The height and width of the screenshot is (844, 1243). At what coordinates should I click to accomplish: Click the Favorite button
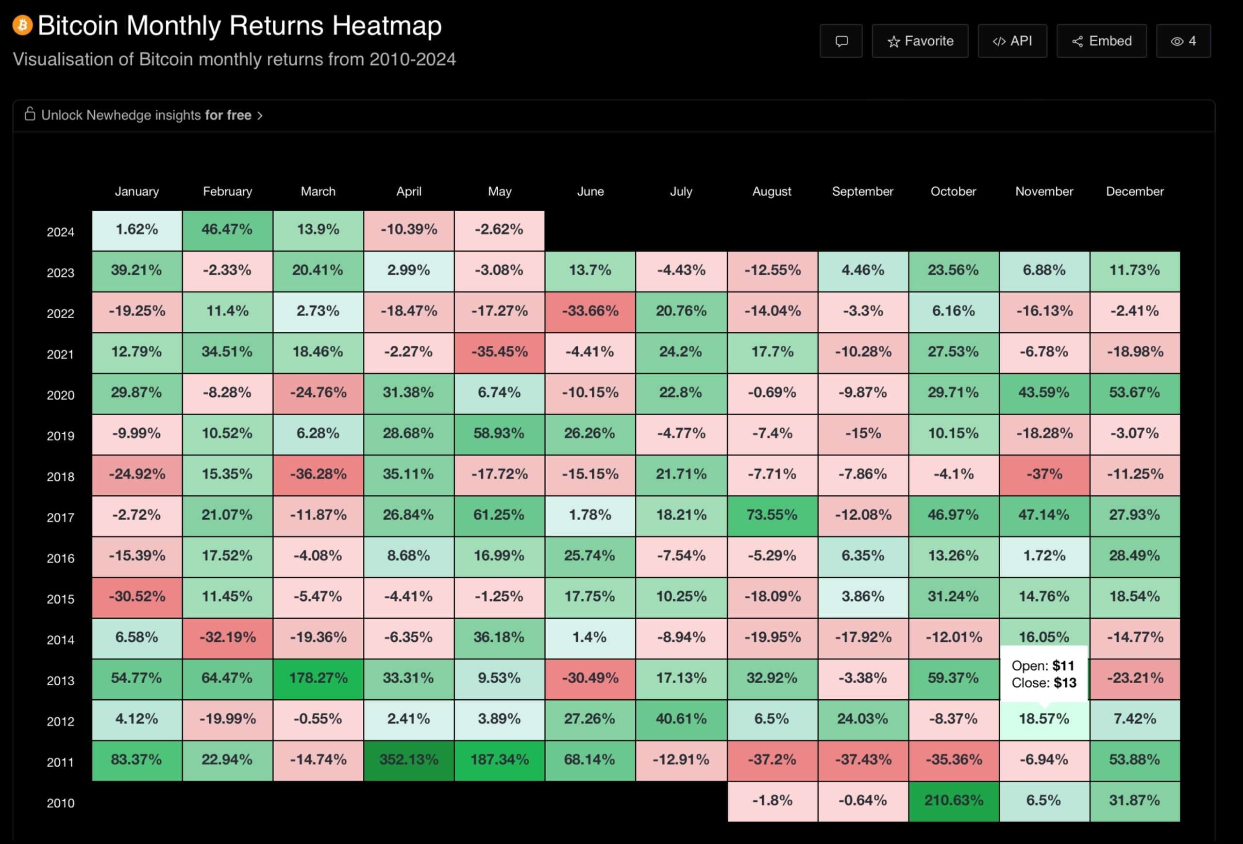920,41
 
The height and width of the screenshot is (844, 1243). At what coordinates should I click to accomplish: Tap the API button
1012,41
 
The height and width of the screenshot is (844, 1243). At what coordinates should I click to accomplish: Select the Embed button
1101,41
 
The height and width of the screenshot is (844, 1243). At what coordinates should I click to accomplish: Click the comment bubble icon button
841,41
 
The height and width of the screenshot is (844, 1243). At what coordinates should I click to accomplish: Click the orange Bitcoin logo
22,25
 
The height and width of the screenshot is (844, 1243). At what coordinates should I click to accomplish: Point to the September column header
862,191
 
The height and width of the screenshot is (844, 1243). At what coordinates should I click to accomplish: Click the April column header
409,191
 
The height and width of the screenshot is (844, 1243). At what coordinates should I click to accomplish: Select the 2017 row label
60,517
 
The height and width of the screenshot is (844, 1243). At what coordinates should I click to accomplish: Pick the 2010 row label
60,803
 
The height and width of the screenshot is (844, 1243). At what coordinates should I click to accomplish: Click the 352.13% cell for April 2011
409,760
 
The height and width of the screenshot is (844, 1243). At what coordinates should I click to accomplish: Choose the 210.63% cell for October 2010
954,801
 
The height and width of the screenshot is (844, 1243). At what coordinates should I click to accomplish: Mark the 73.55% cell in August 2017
772,515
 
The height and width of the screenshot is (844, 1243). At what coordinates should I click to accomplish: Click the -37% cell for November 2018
1044,474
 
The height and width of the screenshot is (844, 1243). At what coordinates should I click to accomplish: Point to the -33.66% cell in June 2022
590,311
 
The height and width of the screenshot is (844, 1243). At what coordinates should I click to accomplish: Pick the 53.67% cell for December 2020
1134,392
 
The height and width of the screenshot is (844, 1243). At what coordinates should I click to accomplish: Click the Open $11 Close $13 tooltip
1043,674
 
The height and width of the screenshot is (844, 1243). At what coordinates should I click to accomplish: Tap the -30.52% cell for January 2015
137,597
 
